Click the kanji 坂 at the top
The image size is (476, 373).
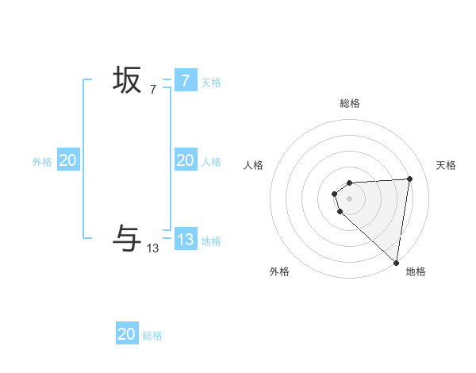coord(127,80)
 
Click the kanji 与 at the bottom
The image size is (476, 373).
coord(127,238)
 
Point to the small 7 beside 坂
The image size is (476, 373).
coord(153,90)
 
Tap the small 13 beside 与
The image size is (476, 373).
coord(153,248)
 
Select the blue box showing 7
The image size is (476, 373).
coord(185,80)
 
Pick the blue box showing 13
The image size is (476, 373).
coord(185,239)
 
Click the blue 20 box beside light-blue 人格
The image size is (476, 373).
coord(185,160)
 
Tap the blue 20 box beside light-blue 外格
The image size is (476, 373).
coord(67,160)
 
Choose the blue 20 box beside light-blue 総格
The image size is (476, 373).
coord(127,334)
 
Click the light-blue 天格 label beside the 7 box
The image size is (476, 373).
coord(211,83)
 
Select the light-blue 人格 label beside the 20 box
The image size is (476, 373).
coord(211,162)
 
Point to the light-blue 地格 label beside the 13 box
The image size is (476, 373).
coord(211,241)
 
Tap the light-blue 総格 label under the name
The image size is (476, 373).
coord(152,336)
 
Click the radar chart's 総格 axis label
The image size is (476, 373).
coord(350,104)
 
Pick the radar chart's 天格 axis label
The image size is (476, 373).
coord(446,165)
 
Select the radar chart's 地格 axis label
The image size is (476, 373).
coord(416,272)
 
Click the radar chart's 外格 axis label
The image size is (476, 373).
coord(279,272)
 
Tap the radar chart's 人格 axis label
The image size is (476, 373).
coord(254,165)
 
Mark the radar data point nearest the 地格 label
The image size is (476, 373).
coord(396,262)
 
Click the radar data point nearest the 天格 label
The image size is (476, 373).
coord(409,179)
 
